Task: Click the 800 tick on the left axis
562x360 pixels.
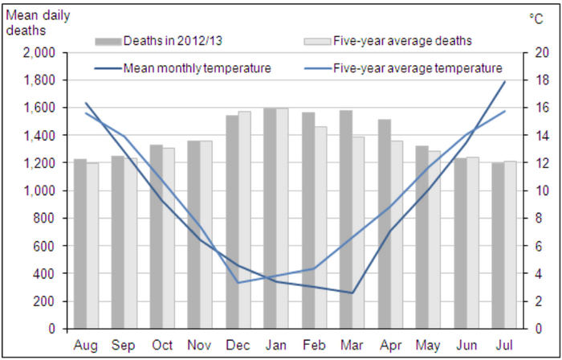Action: pos(43,219)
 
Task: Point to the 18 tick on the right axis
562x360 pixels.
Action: pos(542,80)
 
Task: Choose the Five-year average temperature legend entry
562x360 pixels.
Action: pos(417,67)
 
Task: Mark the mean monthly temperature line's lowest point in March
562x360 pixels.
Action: pos(352,292)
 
